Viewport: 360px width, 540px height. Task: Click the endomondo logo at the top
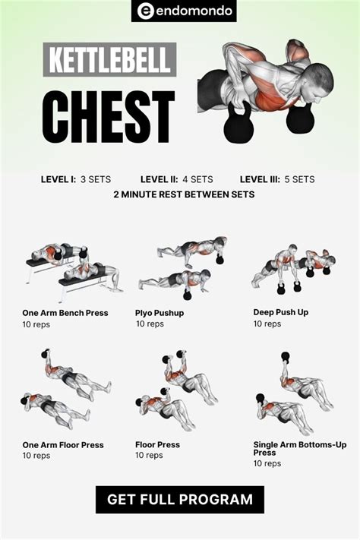point(184,11)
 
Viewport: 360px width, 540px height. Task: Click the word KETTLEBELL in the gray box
point(109,59)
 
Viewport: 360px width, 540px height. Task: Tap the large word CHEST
point(109,117)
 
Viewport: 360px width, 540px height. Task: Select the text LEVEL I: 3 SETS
point(76,179)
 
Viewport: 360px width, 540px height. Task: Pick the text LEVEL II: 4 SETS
point(177,179)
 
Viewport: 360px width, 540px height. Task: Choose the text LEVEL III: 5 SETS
point(277,179)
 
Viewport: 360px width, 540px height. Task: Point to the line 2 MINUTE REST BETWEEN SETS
point(184,194)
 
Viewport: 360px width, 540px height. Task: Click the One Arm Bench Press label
point(65,313)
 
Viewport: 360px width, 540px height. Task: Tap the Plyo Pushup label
point(159,313)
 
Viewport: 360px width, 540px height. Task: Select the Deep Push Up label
point(281,312)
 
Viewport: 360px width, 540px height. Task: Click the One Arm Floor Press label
point(63,445)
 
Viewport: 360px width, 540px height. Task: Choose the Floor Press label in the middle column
point(157,444)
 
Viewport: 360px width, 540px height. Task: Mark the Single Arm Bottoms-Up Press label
point(300,448)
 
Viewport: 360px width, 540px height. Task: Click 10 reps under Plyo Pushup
point(150,324)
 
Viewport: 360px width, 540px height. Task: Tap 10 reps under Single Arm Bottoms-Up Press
point(267,463)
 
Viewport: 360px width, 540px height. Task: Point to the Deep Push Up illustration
point(293,269)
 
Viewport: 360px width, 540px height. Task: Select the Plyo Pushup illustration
point(182,267)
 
